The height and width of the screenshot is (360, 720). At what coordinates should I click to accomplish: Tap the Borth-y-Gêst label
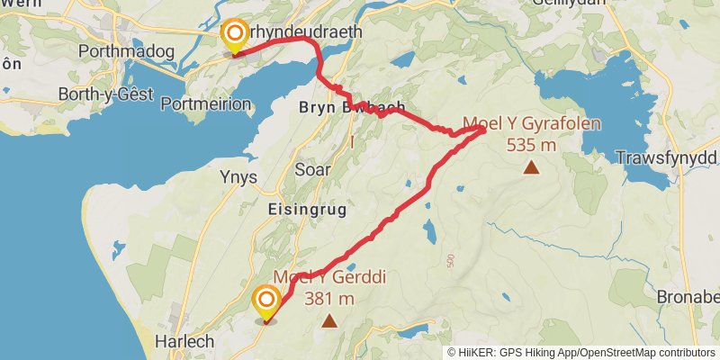point(101,94)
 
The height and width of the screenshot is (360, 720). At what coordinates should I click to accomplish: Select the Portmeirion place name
point(205,103)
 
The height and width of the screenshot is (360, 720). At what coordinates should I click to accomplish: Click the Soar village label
point(313,169)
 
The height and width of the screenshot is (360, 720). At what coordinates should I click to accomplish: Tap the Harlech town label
point(184,341)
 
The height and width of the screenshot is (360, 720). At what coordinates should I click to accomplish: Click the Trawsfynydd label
point(666,159)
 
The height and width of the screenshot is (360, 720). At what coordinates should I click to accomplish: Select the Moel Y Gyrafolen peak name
point(532,124)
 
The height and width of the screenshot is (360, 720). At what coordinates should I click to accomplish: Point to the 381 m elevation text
point(329,299)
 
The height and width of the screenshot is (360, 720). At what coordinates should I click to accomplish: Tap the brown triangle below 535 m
point(532,166)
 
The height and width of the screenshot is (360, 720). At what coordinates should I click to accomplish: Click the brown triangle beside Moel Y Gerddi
point(329,320)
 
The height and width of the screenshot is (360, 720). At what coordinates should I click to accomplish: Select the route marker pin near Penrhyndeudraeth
point(235,37)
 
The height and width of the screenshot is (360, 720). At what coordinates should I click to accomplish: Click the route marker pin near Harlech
point(266,301)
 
